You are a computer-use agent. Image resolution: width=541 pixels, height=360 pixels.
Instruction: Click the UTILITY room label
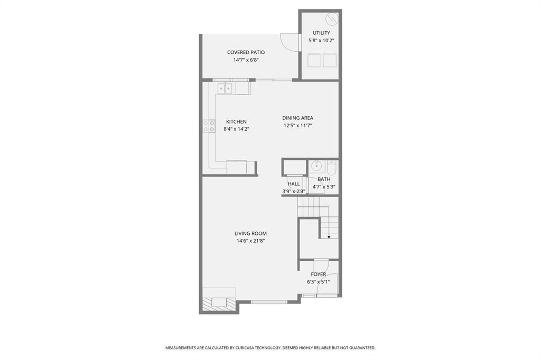(x=321, y=33)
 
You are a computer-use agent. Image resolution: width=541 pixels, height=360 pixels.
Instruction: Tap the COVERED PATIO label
(x=246, y=52)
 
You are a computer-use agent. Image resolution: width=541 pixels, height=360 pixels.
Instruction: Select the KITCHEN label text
(x=236, y=121)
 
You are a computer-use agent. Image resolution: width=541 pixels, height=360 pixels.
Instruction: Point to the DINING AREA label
(x=297, y=118)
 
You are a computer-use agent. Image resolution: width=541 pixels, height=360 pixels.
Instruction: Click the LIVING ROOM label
(x=250, y=233)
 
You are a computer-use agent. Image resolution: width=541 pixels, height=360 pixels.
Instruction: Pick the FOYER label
(x=318, y=274)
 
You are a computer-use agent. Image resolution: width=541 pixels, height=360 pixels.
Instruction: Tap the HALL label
(x=294, y=184)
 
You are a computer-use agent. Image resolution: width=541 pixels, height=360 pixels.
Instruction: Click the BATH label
(x=324, y=179)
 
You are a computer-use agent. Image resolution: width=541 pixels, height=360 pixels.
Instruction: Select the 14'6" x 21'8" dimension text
(x=250, y=241)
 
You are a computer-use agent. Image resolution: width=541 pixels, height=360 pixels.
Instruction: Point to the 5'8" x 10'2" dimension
(x=321, y=40)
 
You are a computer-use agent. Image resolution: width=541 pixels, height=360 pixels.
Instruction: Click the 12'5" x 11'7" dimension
(x=297, y=126)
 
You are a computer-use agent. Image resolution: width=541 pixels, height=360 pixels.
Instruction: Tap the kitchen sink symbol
(x=225, y=88)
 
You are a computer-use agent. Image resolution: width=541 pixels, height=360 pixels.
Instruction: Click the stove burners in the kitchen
(x=209, y=126)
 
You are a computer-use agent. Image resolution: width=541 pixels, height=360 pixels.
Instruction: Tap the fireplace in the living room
(x=217, y=303)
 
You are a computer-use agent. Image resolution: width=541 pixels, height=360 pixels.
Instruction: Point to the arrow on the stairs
(x=329, y=236)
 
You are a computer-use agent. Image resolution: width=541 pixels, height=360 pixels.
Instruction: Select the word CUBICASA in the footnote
(x=247, y=348)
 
